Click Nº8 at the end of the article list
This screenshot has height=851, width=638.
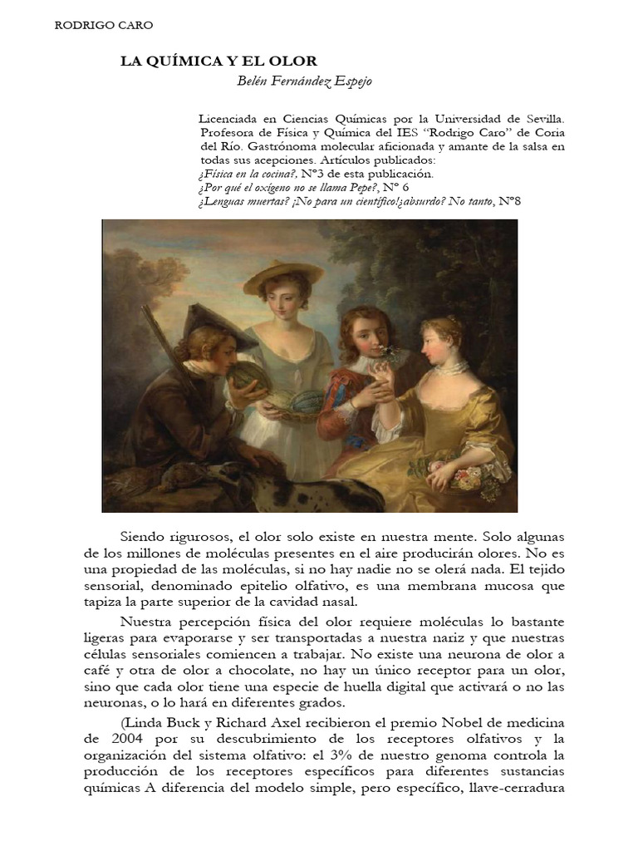[x=509, y=202]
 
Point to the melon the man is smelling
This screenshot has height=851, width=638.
[x=245, y=378]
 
